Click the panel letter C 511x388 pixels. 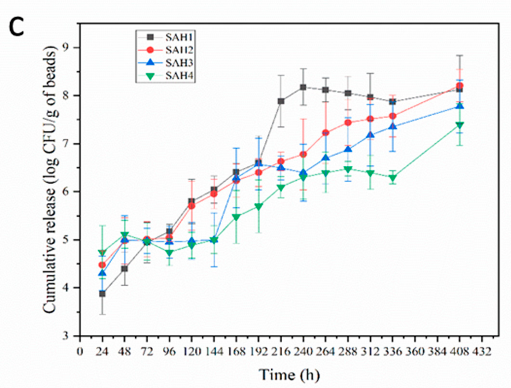(x=16, y=27)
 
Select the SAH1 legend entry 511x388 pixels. (x=178, y=38)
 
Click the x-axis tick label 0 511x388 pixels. (x=80, y=352)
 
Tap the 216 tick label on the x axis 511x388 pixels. (x=281, y=352)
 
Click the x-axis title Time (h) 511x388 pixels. (x=289, y=375)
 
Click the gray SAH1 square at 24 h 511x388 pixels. (x=102, y=294)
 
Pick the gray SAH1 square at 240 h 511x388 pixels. (x=303, y=87)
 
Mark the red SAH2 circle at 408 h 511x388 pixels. (x=460, y=85)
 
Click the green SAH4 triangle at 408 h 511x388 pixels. (x=460, y=125)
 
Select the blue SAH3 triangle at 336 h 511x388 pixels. (x=393, y=126)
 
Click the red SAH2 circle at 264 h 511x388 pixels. (x=326, y=133)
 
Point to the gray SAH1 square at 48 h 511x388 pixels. (x=124, y=269)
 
